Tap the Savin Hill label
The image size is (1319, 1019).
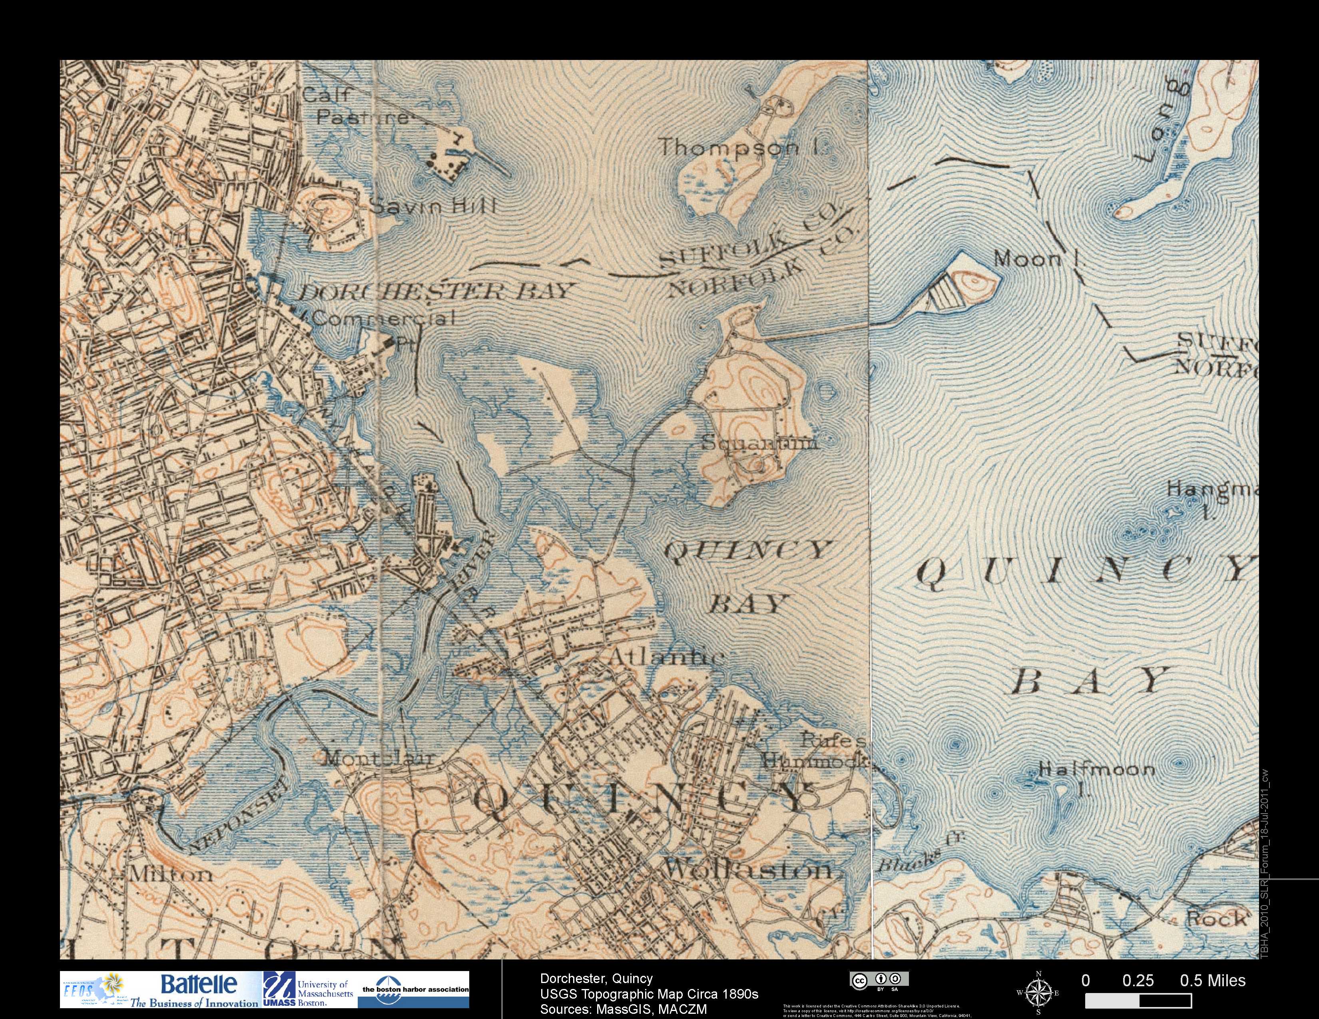click(432, 206)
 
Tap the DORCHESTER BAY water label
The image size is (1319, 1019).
click(434, 292)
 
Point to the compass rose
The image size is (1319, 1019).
click(1038, 992)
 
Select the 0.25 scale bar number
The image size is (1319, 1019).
click(1138, 980)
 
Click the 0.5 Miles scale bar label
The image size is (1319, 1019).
click(1213, 980)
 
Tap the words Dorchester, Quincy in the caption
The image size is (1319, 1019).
click(596, 978)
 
